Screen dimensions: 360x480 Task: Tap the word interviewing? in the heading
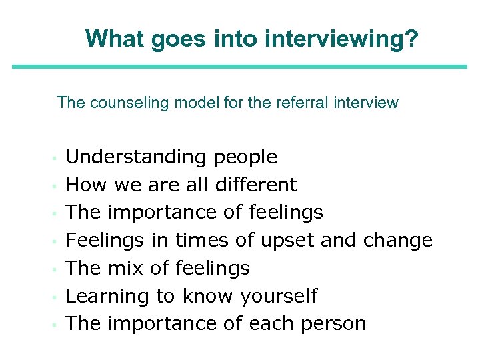click(342, 39)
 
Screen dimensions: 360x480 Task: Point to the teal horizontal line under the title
click(240, 66)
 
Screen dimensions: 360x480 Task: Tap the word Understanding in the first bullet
click(137, 157)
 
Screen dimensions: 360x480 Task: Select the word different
click(253, 185)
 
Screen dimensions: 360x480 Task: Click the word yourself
click(279, 296)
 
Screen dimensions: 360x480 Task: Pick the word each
click(270, 324)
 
